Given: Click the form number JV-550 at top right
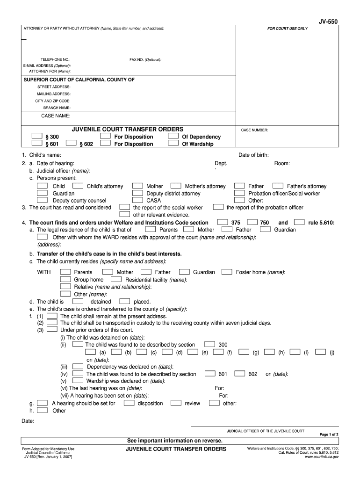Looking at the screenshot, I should [x=328, y=22].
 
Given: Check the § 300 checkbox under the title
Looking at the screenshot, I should [x=37, y=136].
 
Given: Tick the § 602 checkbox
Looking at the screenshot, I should [x=71, y=144].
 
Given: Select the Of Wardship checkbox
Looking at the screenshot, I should [x=173, y=144].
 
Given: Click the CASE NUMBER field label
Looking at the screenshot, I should [x=254, y=130].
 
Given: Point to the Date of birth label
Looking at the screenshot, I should [x=253, y=155].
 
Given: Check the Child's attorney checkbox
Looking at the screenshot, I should [x=78, y=186].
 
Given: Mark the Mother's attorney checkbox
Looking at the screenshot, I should [x=176, y=186].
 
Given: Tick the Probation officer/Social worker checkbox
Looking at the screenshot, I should [x=239, y=193].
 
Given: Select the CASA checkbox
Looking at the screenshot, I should [x=137, y=200].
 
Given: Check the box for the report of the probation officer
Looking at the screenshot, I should [x=218, y=207].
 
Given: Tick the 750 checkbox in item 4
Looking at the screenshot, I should [x=252, y=222].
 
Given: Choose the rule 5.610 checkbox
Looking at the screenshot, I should [x=300, y=222].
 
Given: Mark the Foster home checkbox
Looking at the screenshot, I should [x=227, y=271].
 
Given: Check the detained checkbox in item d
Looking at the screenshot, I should [x=78, y=301].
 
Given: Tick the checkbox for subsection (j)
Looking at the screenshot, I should [x=320, y=352].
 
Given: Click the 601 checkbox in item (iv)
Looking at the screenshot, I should [x=209, y=373].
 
